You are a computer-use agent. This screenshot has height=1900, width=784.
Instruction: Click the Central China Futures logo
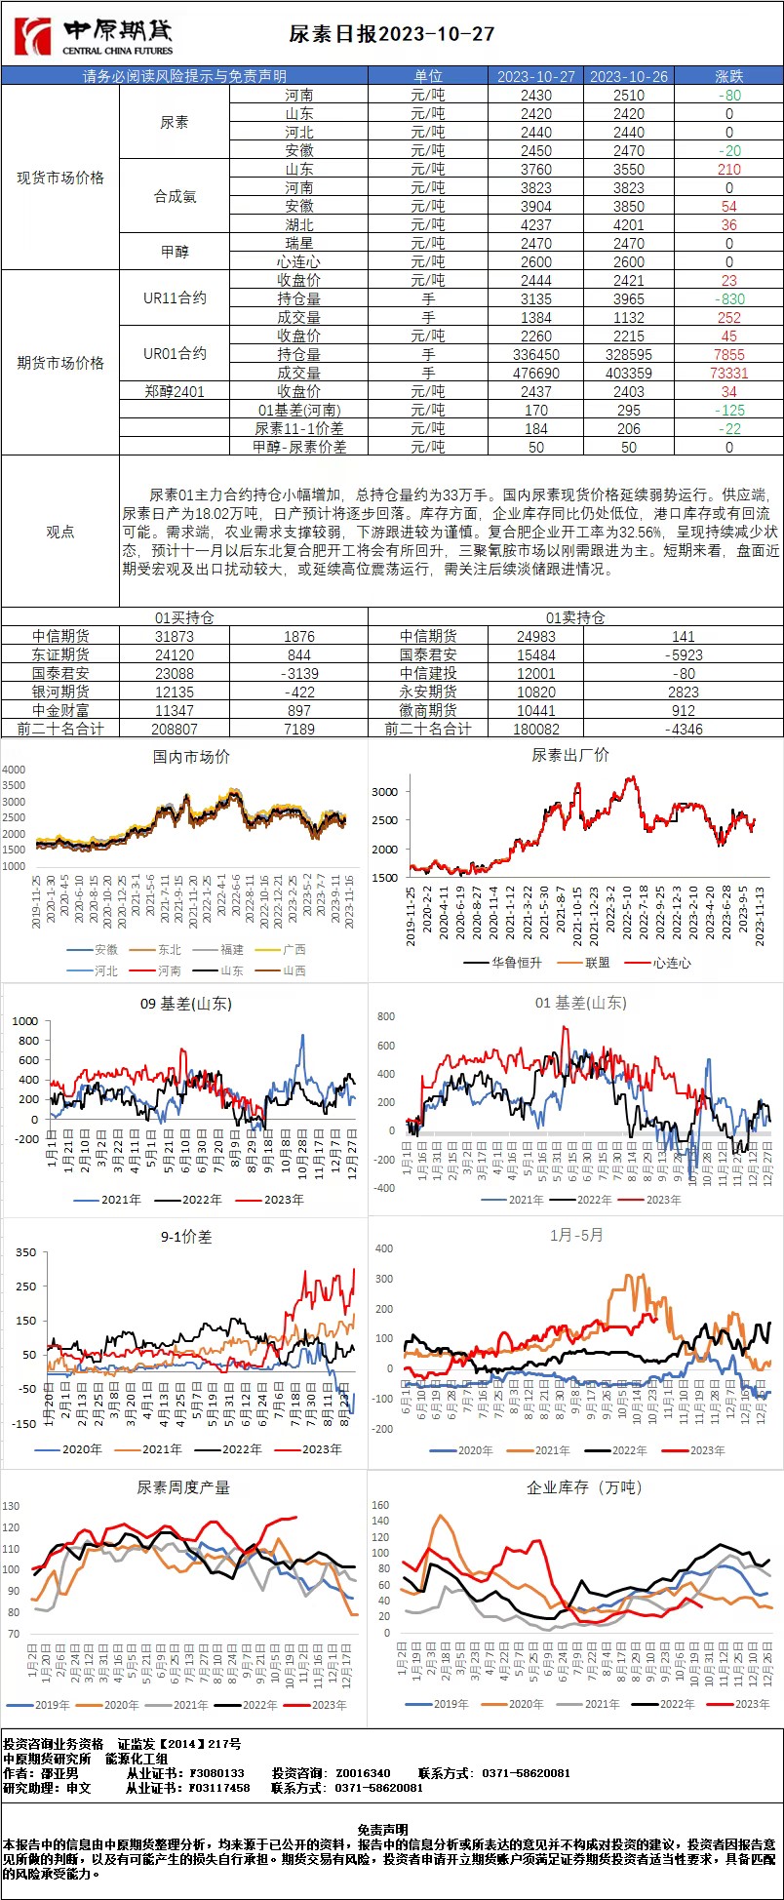coord(94,37)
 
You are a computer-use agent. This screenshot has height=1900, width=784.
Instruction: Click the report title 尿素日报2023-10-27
coord(392,34)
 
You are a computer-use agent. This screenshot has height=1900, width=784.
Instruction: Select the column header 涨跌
coord(728,76)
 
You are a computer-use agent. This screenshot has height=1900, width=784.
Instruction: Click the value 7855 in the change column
coord(728,355)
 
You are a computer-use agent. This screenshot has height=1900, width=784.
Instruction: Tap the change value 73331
coord(728,374)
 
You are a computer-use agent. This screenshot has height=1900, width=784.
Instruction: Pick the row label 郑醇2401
coord(175,392)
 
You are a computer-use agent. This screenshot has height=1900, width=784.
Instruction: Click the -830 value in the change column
coord(728,299)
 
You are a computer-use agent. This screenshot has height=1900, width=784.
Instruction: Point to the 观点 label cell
coord(60,532)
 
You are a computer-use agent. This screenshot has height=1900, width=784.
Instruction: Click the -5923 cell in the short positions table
coord(684,655)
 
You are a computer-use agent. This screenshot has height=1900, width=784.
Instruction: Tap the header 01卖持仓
coord(575,617)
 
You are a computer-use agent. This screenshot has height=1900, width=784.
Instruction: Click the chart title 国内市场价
coord(192,757)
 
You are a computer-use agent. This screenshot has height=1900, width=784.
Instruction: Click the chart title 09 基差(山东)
coord(186,1004)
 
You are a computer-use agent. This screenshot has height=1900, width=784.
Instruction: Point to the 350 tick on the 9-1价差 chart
coord(25,1252)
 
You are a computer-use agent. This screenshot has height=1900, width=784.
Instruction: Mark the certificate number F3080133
coord(216,1772)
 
